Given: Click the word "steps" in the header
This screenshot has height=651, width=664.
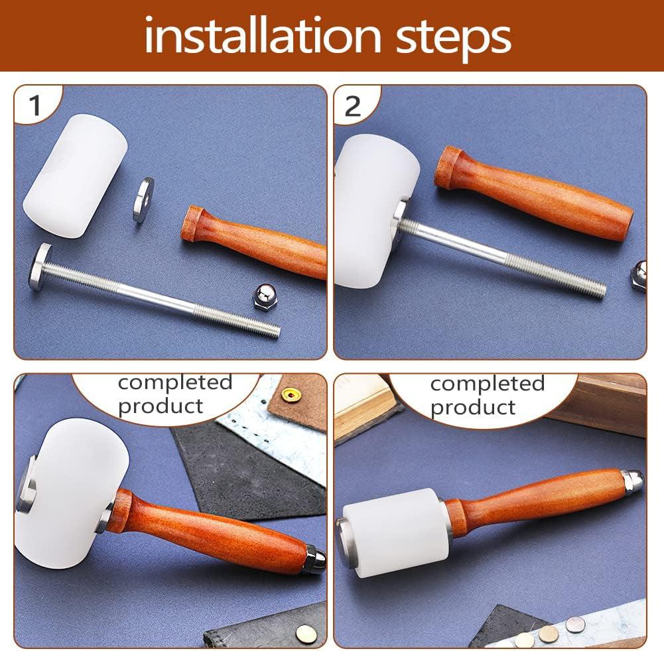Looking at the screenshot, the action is (x=453, y=39).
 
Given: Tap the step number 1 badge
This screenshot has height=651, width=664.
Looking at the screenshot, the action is (x=35, y=104).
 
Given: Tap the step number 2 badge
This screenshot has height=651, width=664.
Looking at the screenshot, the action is (x=353, y=105).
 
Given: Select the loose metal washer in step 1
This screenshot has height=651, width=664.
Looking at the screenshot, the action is (x=143, y=200).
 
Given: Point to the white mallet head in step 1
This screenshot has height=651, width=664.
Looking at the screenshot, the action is (x=75, y=175).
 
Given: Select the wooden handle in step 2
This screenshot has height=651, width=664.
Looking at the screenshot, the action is (x=533, y=192).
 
